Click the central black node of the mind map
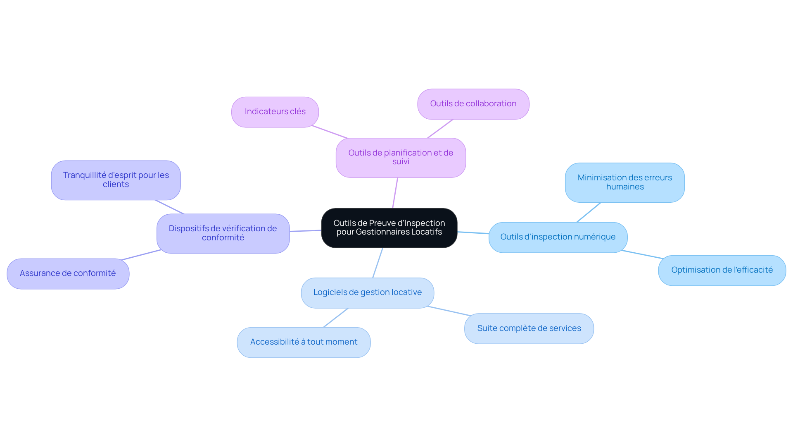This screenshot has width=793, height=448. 389,228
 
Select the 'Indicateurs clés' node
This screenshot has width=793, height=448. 275,112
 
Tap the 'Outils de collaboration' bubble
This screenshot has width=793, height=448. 473,104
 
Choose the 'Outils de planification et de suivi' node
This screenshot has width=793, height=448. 401,158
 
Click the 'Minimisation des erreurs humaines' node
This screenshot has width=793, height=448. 625,182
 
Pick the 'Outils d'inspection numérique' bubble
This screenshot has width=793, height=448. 558,237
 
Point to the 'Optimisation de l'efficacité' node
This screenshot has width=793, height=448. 722,271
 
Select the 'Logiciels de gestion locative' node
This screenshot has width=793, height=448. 368,293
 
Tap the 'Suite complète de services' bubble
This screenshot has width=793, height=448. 529,328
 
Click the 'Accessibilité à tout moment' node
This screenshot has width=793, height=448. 304,343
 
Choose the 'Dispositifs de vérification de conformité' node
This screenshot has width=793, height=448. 223,233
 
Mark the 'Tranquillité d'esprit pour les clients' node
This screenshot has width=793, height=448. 116,180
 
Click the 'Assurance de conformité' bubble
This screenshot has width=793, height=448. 68,274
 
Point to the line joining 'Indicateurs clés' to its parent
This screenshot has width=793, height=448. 330,132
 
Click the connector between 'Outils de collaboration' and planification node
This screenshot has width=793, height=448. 440,129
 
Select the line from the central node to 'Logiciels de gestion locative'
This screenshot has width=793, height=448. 378,263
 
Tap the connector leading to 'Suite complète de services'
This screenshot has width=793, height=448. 449,311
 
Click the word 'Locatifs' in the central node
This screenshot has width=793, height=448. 427,232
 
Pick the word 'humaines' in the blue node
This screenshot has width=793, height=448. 625,187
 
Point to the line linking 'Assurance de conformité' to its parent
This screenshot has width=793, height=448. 141,255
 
